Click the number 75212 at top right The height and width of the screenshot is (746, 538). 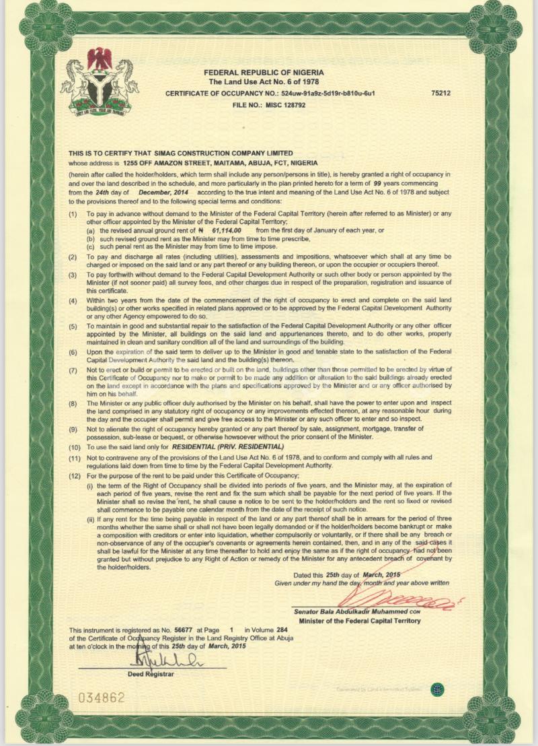[441, 94]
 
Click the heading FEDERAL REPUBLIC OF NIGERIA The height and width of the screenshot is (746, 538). [264, 71]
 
